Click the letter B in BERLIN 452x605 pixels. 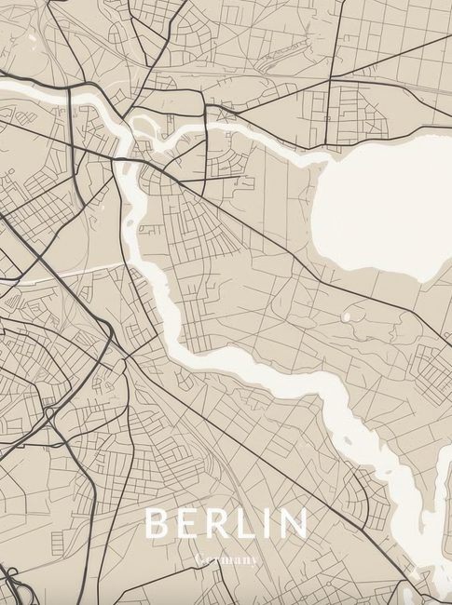tap(157, 524)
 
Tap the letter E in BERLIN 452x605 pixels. tap(190, 524)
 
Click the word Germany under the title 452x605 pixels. tap(226, 560)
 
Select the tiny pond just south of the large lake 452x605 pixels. tap(347, 317)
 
